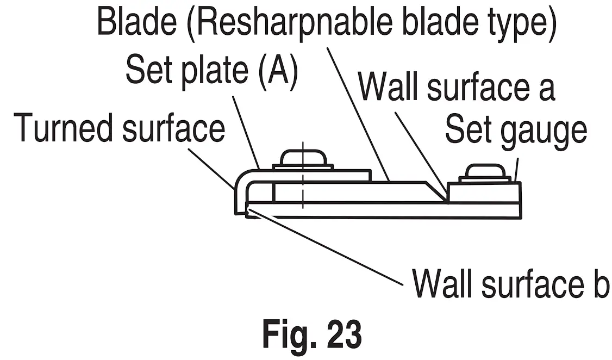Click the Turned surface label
pyautogui.click(x=120, y=128)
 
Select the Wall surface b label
pyautogui.click(x=510, y=283)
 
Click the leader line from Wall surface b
pyautogui.click(x=326, y=250)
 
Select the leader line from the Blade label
pyautogui.click(x=359, y=114)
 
